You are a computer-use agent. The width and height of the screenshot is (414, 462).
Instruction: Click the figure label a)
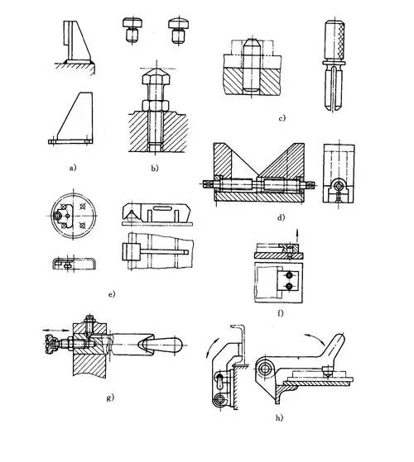point(73,168)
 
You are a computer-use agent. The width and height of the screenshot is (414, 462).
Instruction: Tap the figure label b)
point(155,169)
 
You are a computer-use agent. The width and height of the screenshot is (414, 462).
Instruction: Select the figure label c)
point(282,118)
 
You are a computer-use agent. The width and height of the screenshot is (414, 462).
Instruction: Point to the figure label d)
point(281,217)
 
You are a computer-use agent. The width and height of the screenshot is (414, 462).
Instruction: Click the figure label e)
point(112,294)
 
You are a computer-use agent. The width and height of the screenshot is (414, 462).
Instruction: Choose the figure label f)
point(281,313)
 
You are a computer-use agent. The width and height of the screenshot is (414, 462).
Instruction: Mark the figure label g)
point(110,398)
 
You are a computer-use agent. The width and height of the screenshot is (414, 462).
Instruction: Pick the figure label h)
point(279,417)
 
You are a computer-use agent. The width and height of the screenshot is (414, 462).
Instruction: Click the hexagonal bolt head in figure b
point(155,77)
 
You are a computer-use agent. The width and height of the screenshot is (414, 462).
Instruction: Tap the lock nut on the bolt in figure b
point(155,105)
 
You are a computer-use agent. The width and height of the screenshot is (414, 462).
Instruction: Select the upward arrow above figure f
point(297,235)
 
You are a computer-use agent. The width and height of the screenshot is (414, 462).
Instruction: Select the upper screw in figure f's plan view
point(289,275)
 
